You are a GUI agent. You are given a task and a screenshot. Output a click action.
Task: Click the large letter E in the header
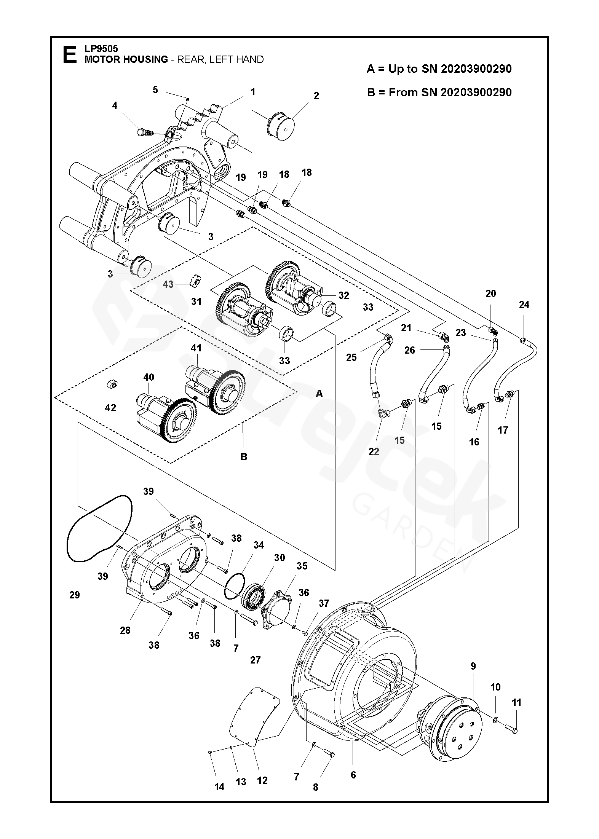pos(69,54)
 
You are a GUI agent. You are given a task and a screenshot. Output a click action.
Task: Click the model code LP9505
pos(101,49)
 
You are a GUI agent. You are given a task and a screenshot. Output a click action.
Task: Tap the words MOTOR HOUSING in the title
pos(126,59)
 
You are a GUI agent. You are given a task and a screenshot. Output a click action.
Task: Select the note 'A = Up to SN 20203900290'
pos(439,69)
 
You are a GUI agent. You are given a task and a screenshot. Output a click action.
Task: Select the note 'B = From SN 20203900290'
pos(439,93)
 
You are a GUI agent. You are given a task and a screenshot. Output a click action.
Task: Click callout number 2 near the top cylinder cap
pos(316,96)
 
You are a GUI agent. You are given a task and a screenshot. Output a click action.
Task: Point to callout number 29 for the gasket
pos(75,595)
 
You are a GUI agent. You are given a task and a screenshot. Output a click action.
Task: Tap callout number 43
pos(168,284)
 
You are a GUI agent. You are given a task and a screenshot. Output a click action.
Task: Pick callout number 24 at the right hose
pos(524,305)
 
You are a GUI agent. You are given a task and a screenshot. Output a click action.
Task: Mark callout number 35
pos(302,577)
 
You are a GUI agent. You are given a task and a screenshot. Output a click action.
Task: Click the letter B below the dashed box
pos(244,457)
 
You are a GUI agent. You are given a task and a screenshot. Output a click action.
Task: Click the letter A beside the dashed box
pos(319,394)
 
